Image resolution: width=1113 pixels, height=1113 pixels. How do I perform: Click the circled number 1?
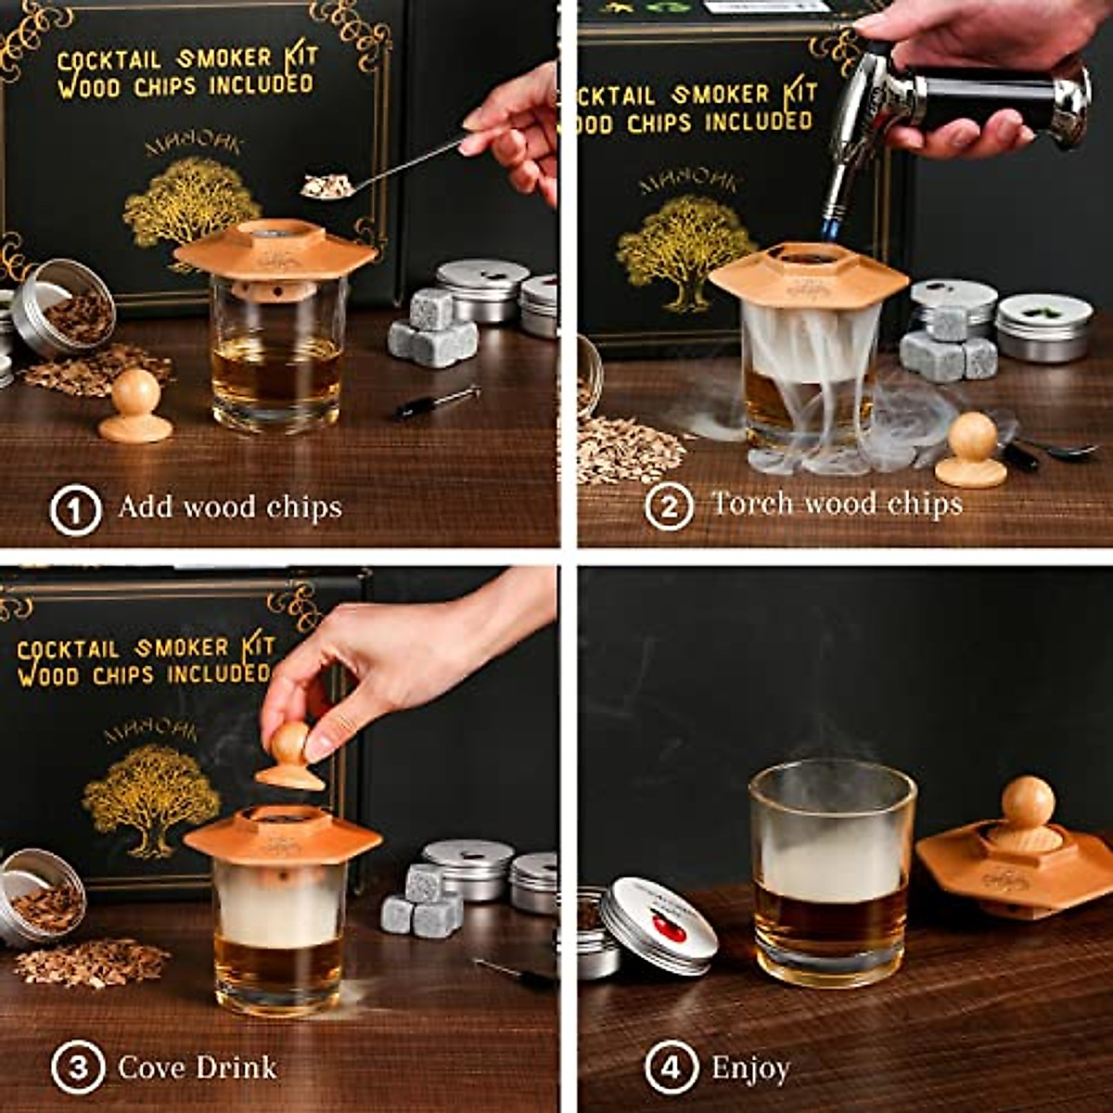[x=75, y=509]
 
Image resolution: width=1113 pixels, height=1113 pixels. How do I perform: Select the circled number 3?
[x=77, y=1067]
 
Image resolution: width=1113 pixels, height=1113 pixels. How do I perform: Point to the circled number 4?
[x=669, y=1068]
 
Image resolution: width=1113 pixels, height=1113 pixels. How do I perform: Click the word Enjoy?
[x=750, y=1068]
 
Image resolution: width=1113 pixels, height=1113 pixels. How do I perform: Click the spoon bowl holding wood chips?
[x=326, y=186]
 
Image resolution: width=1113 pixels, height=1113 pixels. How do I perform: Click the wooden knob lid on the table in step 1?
[x=135, y=408]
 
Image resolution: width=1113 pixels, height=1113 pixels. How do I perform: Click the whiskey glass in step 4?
[x=832, y=876]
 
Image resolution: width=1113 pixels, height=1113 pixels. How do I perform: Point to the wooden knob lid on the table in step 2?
[x=971, y=451]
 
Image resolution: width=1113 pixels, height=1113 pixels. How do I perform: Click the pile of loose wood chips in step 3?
[x=92, y=962]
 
